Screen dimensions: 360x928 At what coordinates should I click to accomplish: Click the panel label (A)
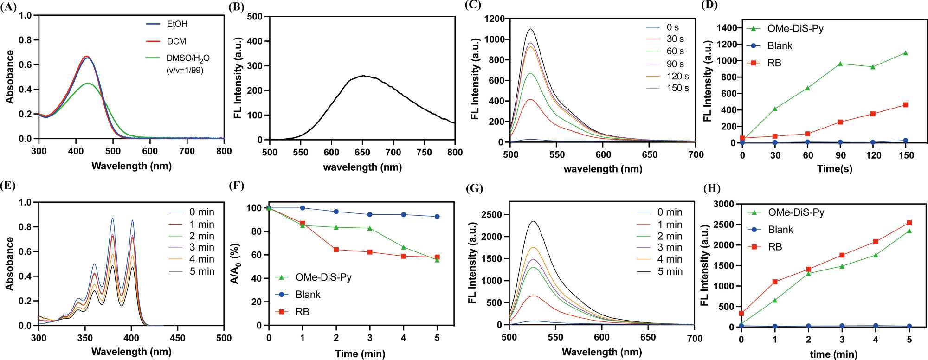pyautogui.click(x=8, y=7)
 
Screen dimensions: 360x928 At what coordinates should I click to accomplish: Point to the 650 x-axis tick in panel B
pyautogui.click(x=362, y=152)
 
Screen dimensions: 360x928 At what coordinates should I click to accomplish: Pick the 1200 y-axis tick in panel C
pyautogui.click(x=495, y=19)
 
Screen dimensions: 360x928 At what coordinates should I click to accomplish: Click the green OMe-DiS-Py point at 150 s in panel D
pyautogui.click(x=905, y=53)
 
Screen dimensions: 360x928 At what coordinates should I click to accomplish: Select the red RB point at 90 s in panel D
pyautogui.click(x=840, y=122)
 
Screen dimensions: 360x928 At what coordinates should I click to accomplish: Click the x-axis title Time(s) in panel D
pyautogui.click(x=835, y=169)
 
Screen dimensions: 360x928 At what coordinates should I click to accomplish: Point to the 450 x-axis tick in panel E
pyautogui.click(x=178, y=338)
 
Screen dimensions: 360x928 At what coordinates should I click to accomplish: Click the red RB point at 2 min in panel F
pyautogui.click(x=336, y=250)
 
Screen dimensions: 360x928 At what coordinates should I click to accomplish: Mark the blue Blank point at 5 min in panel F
pyautogui.click(x=437, y=217)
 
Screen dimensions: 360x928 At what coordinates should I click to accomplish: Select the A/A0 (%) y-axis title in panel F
pyautogui.click(x=235, y=264)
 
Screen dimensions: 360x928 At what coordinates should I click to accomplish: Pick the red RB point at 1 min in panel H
pyautogui.click(x=774, y=282)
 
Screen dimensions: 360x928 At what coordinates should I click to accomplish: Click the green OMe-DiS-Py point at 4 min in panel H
pyautogui.click(x=876, y=255)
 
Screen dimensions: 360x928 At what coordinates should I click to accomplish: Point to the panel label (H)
pyautogui.click(x=712, y=188)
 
